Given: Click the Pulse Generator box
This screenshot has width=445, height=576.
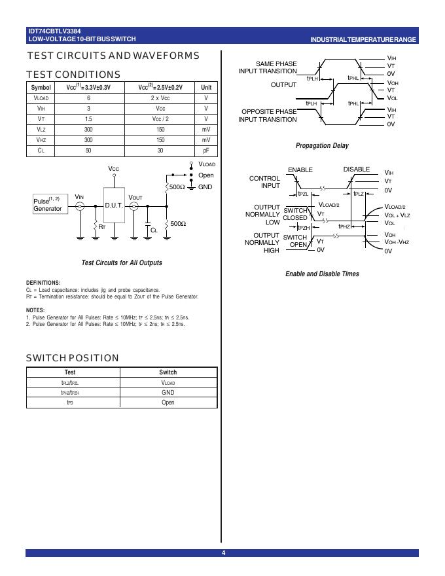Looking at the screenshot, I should coord(48,204).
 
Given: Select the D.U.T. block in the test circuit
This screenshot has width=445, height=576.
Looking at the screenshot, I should coord(114,206).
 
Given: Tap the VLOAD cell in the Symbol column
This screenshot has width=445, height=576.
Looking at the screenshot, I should coord(41,98).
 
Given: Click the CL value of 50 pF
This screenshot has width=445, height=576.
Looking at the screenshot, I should coord(88,151).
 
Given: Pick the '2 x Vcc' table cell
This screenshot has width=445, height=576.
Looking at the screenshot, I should coord(160,98).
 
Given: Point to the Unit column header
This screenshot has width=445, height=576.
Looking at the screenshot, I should coord(206,87).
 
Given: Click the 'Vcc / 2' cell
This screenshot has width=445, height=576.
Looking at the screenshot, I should coord(160,119).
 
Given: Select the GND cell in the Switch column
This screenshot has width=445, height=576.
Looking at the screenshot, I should coord(168,393).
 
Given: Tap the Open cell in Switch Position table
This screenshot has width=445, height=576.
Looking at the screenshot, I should coord(168,403).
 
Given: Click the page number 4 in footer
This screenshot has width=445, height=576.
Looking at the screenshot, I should coord(222,554).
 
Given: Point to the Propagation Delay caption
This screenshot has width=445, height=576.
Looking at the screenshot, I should coord(322,146).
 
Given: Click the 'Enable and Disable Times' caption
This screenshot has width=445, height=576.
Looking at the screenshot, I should coord(322,274).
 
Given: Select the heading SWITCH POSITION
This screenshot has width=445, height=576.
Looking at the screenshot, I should coord(73,358).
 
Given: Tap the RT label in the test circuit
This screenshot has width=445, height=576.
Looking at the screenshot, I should coord(102,226).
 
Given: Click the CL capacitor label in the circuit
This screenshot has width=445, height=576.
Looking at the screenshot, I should coord(154,230).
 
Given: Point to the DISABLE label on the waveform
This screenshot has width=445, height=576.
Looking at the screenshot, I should coord(357,170).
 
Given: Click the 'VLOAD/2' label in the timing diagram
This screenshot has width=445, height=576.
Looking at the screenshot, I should coord(329,205).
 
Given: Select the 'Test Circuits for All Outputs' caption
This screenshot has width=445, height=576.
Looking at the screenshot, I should coord(122,263).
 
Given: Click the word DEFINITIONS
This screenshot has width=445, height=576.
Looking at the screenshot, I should coord(43,283).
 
